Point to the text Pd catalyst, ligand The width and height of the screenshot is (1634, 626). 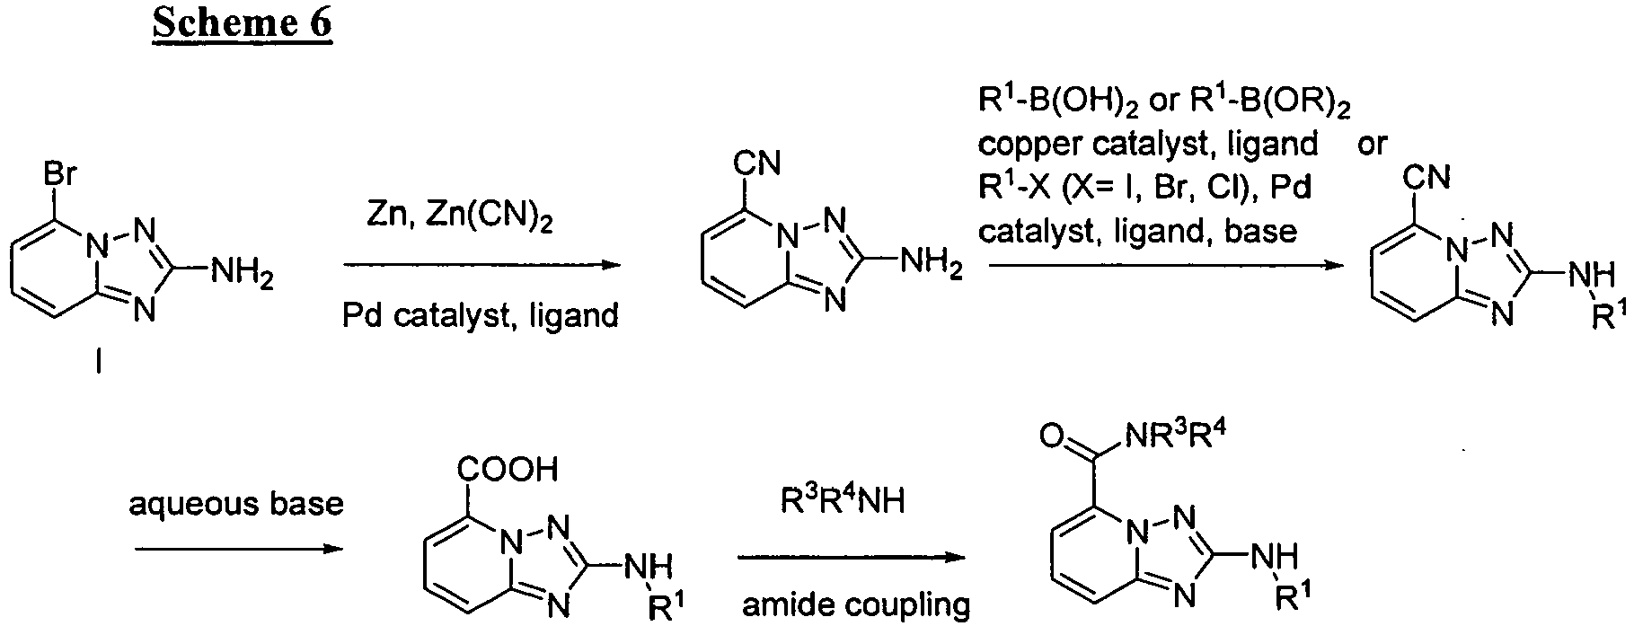tap(481, 314)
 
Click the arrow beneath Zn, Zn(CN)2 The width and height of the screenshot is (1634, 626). tap(481, 265)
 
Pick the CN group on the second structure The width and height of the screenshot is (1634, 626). tap(757, 164)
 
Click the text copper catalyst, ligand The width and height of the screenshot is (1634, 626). tap(1148, 144)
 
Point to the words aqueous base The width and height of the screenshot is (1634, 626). tap(236, 504)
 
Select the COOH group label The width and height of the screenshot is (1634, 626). tap(508, 468)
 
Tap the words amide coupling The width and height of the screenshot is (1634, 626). tap(856, 605)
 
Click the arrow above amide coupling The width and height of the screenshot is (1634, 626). tap(852, 558)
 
